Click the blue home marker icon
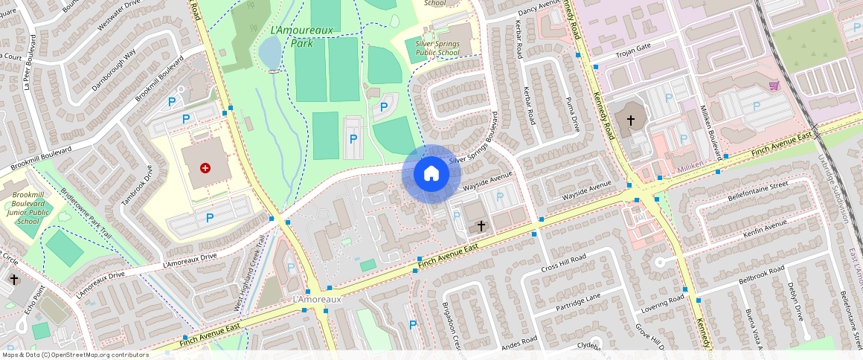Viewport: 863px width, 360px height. (x=431, y=174)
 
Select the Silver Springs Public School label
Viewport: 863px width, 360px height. (x=437, y=48)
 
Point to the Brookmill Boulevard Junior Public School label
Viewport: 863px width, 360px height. (x=28, y=208)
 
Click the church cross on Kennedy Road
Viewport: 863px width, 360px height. (x=630, y=120)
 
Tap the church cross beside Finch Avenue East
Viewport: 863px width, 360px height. (x=481, y=225)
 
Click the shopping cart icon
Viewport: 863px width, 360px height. (x=774, y=86)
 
